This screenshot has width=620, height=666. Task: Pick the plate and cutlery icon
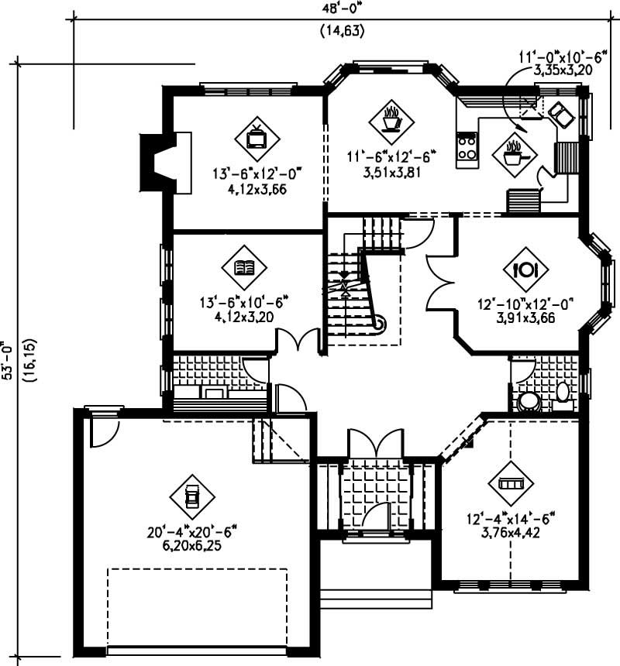[525, 269]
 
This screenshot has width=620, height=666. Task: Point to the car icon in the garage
[192, 496]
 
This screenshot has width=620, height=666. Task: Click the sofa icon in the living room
[511, 483]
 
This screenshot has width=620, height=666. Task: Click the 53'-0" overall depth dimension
[9, 360]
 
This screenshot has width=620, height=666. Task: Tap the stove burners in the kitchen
[467, 148]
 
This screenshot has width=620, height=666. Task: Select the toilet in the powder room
[563, 395]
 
